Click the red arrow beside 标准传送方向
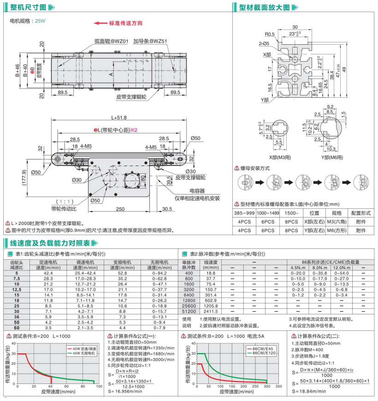pos(100,23)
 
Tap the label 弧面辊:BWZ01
pos(111,41)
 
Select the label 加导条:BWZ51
pos(150,41)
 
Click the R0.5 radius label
pos(270,34)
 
